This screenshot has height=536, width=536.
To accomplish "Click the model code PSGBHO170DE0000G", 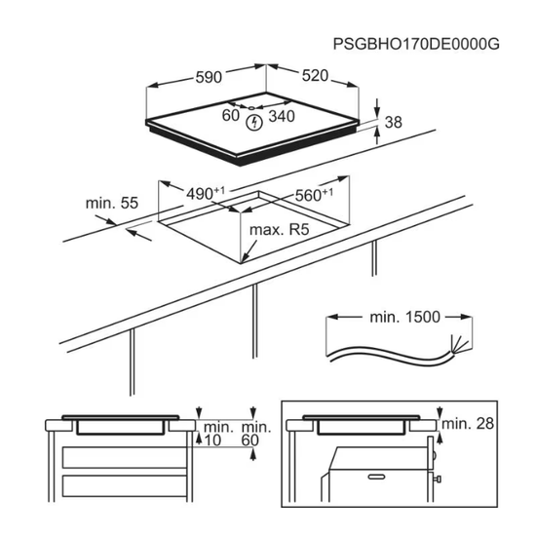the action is click(x=416, y=44).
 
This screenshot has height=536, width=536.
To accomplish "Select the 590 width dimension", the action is click(x=209, y=77).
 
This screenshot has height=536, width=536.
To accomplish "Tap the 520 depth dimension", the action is click(x=315, y=76).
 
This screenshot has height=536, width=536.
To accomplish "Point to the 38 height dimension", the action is click(x=393, y=122).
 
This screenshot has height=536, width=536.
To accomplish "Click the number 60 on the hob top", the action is click(x=230, y=115).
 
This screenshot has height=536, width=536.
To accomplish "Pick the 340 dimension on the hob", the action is click(x=282, y=116).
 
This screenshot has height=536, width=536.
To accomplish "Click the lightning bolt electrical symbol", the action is click(x=254, y=123).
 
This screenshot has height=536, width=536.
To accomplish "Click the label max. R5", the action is click(x=280, y=229).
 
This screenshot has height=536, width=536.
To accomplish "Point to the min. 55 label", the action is click(x=112, y=203).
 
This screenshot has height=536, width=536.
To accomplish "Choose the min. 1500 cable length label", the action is click(x=404, y=318).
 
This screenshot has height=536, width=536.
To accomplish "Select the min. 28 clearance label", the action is click(x=468, y=424).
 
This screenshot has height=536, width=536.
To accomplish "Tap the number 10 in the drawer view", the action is click(x=212, y=440).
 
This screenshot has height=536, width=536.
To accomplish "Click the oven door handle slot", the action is click(x=377, y=477).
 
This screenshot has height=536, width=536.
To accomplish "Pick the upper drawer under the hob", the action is click(x=125, y=457).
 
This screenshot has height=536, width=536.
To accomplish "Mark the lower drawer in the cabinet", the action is click(x=125, y=485).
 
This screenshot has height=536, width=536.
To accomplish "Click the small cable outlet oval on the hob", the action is click(x=251, y=108).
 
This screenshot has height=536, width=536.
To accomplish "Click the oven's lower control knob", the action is click(x=437, y=479).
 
